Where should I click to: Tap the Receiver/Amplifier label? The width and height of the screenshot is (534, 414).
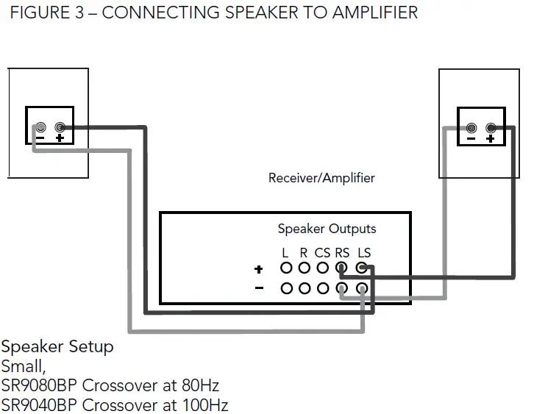click(321, 178)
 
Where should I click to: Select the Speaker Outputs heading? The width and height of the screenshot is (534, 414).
click(327, 229)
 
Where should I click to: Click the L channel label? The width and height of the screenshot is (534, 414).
click(285, 253)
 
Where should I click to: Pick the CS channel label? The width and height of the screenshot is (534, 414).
click(322, 253)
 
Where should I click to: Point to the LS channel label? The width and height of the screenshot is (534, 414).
click(363, 253)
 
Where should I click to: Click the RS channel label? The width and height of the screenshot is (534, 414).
click(342, 253)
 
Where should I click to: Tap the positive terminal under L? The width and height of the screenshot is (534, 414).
click(285, 269)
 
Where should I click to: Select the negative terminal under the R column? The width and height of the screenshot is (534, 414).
click(304, 288)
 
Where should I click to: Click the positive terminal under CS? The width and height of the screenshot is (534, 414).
click(322, 269)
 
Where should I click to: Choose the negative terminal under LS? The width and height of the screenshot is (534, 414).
click(362, 288)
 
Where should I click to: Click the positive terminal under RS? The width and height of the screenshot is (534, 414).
click(342, 269)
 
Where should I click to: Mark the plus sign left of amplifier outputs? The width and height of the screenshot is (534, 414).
click(258, 270)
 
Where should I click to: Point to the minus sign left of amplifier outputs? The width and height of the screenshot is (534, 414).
click(258, 288)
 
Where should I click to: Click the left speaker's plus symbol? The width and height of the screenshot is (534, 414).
click(59, 138)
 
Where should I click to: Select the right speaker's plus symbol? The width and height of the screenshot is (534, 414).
click(490, 138)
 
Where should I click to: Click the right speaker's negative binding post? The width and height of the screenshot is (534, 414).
click(471, 127)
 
